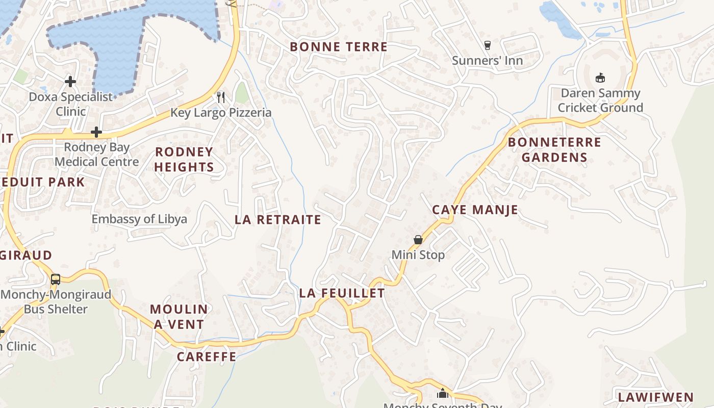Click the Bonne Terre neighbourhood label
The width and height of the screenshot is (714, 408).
(x=339, y=47)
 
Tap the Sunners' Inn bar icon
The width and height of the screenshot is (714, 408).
(x=487, y=45)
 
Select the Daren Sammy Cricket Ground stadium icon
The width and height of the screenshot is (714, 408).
(x=600, y=78)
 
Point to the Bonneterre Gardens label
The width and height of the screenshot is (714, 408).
(x=554, y=149)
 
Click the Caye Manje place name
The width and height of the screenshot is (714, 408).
(x=475, y=210)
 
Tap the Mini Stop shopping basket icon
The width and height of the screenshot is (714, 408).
(x=418, y=240)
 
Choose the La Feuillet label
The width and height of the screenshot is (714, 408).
(x=342, y=293)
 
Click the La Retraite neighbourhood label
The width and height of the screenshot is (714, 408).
(x=278, y=220)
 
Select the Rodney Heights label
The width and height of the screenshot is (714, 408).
(x=184, y=159)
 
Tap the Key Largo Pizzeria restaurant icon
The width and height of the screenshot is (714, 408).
(x=221, y=97)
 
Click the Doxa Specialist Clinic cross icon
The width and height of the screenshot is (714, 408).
(x=70, y=82)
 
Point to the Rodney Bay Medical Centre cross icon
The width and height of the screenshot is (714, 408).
(x=96, y=133)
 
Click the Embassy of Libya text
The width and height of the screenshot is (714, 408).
(x=139, y=219)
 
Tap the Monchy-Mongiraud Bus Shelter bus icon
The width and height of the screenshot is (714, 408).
(x=56, y=279)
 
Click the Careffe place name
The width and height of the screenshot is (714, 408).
(x=207, y=356)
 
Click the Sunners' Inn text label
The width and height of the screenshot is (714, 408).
(x=487, y=61)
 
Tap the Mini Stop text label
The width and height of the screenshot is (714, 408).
(x=418, y=254)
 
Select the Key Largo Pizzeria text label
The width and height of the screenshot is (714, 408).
(x=221, y=113)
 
